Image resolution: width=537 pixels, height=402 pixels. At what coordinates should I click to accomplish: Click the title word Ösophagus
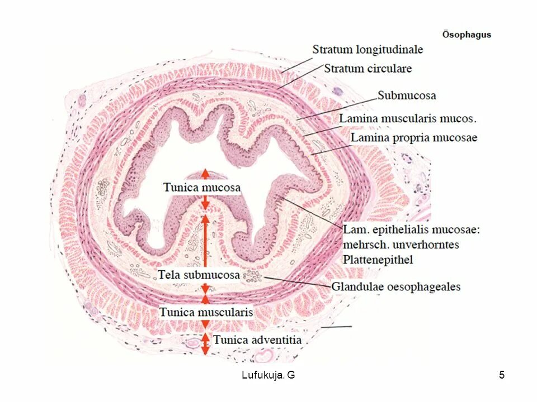click(467, 35)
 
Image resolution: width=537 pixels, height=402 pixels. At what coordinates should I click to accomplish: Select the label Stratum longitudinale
click(368, 50)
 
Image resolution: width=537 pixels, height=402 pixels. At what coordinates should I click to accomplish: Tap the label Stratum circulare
click(368, 69)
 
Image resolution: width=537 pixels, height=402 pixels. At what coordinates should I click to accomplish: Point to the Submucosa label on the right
click(407, 95)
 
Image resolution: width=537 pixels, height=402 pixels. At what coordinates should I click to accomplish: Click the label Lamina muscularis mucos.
click(408, 119)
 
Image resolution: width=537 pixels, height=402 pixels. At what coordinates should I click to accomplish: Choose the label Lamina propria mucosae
click(414, 137)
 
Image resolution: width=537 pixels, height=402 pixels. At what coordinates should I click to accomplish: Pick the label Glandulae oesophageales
click(396, 287)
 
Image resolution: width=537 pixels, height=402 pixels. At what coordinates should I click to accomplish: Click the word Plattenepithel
click(378, 260)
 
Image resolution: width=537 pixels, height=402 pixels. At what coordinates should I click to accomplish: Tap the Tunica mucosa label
click(202, 188)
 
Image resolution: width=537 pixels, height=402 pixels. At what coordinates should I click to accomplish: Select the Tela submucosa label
click(199, 275)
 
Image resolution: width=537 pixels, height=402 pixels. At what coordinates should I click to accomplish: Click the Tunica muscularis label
click(206, 312)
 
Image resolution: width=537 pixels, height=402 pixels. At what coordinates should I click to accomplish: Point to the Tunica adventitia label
click(257, 339)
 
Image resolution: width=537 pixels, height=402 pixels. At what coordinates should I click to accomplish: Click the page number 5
click(502, 375)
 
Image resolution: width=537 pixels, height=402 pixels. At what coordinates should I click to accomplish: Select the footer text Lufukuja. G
click(268, 375)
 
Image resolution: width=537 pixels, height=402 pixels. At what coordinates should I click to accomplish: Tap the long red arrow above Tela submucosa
click(205, 240)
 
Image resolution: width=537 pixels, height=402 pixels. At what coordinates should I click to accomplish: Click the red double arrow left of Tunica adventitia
click(205, 343)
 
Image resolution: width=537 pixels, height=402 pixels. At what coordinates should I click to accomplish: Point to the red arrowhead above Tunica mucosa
click(205, 173)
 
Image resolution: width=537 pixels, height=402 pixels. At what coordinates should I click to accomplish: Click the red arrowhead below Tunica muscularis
click(205, 324)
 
